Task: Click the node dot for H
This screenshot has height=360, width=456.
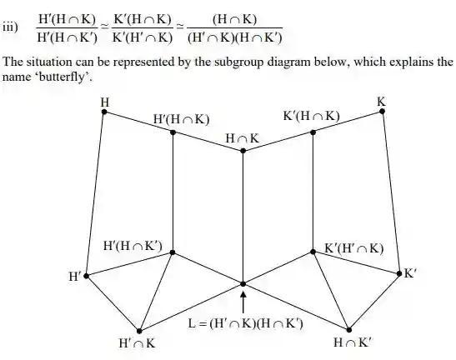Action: coord(104,112)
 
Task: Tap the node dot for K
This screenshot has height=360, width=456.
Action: coord(382,111)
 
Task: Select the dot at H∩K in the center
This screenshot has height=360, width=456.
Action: coord(243,151)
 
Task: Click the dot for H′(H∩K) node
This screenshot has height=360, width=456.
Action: coord(173,132)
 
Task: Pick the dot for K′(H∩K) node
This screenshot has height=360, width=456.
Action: coord(313,132)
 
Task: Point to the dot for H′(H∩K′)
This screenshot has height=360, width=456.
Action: coord(173,252)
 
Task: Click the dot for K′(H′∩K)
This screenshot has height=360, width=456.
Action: coord(313,252)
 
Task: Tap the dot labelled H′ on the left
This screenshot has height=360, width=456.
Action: coord(86,276)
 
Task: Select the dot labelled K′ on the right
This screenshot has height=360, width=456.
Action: coord(399,273)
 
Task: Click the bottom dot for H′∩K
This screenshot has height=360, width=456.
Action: coord(139,331)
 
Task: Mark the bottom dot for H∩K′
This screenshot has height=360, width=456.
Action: coord(349,330)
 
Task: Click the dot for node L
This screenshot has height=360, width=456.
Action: coord(243,284)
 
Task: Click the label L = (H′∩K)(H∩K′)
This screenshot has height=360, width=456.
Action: coord(245,323)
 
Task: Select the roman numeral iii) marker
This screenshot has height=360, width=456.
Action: coord(10,27)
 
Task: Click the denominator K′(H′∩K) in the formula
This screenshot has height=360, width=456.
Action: coord(143,37)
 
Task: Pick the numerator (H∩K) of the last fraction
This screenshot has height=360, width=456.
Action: coord(235,19)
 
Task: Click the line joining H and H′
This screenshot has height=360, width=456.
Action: coord(95,193)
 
